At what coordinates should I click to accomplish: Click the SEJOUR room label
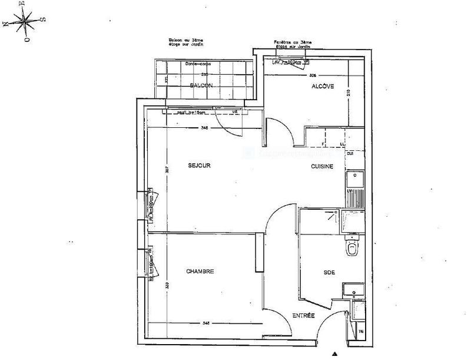200,166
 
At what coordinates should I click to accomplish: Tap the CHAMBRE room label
200,272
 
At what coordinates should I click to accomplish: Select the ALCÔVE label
323,87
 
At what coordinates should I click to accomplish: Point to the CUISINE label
322,167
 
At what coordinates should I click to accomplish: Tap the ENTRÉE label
303,317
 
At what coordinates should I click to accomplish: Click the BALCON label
201,86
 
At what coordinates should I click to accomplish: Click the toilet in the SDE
352,249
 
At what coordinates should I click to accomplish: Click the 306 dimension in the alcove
313,75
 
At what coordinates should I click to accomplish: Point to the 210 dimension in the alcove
348,93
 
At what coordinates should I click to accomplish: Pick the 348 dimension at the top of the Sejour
204,127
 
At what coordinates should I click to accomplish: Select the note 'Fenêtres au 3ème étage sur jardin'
293,45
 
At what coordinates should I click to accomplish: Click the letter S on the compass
42,20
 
